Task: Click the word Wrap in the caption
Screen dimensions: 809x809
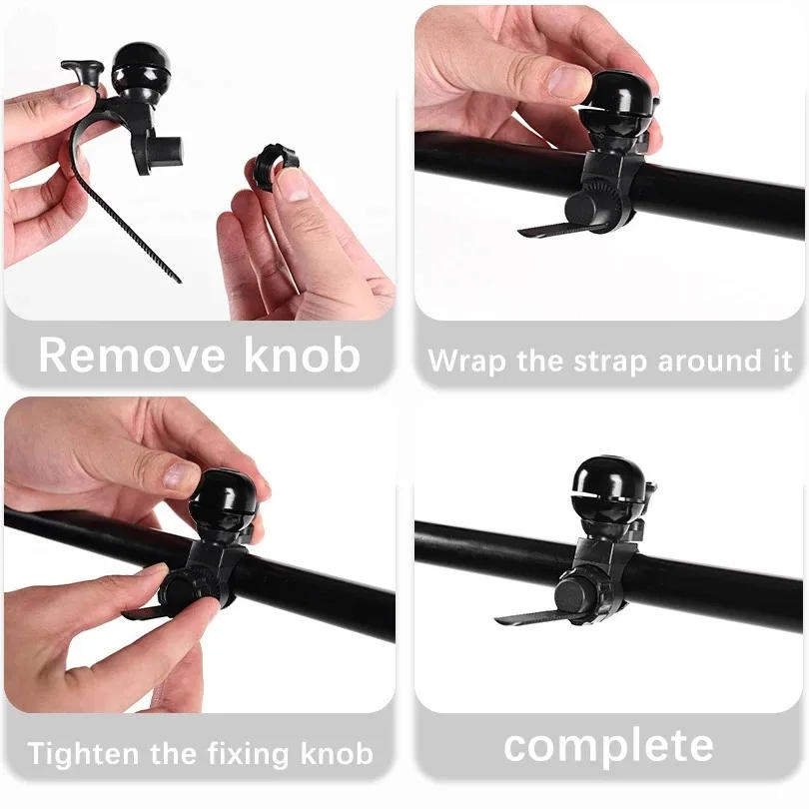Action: click(x=467, y=361)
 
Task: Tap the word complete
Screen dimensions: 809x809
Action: click(x=607, y=746)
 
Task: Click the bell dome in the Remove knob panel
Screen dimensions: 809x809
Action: click(x=140, y=67)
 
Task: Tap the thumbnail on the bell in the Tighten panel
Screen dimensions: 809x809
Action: click(x=181, y=475)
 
